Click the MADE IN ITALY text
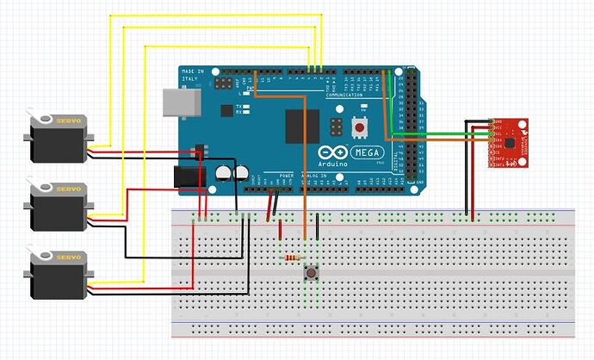(x=194, y=75)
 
